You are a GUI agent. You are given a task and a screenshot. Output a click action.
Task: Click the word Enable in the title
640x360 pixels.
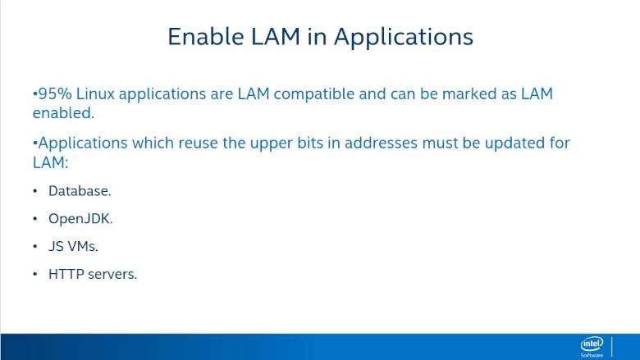pyautogui.click(x=206, y=37)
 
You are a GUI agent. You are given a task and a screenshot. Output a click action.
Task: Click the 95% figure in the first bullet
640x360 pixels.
pyautogui.click(x=55, y=93)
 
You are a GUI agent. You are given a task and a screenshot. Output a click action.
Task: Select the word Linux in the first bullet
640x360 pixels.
pyautogui.click(x=95, y=93)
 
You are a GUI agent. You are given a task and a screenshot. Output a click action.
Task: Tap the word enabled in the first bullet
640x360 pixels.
pyautogui.click(x=63, y=113)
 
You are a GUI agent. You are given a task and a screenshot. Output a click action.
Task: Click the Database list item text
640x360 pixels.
pyautogui.click(x=80, y=191)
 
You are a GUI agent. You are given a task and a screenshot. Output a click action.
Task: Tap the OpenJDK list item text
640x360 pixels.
pyautogui.click(x=80, y=219)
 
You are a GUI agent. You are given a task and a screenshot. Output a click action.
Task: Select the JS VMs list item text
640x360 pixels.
pyautogui.click(x=74, y=246)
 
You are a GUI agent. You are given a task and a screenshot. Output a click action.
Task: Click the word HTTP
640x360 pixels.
pyautogui.click(x=66, y=274)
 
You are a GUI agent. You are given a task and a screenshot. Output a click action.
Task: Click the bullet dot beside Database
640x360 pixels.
pyautogui.click(x=35, y=191)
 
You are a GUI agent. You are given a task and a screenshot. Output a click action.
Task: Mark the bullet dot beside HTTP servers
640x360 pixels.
pyautogui.click(x=35, y=274)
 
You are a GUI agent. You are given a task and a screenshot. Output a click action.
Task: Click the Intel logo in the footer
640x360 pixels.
pyautogui.click(x=592, y=347)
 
